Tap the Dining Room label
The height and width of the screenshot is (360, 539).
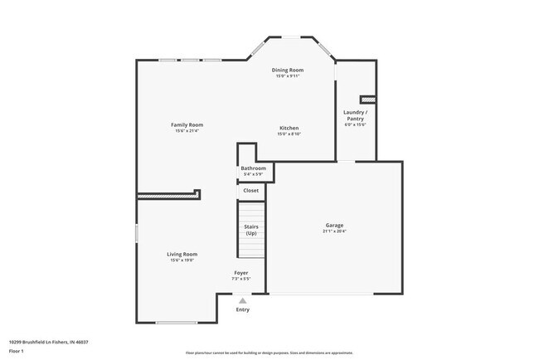pos(289,71)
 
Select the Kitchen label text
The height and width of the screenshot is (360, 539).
pos(289,128)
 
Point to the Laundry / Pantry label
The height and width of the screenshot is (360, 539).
pos(355,115)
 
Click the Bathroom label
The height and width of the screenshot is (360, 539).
pos(253,168)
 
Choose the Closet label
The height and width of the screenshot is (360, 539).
pos(250,191)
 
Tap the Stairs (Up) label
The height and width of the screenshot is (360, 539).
pos(250,229)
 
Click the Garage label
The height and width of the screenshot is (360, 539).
pos(334,226)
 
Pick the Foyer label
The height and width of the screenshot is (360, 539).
pos(240,273)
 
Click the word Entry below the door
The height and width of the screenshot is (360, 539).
pos(242,309)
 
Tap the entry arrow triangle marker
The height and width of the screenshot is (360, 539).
pos(242,300)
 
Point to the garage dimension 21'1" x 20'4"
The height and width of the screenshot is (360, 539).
pos(334,231)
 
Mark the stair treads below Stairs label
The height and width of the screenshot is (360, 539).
pos(250,249)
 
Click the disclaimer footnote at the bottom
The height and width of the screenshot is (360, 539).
pos(269,353)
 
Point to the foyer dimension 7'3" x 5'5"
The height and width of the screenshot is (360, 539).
pos(240,279)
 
